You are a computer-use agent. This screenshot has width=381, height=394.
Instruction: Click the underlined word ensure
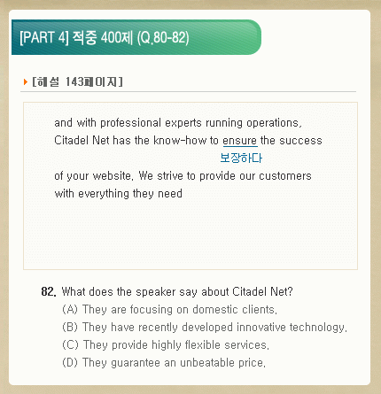[x=240, y=141]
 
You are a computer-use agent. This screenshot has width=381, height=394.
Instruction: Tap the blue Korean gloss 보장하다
[x=241, y=158]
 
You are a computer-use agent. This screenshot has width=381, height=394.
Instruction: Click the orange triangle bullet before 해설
[x=26, y=81]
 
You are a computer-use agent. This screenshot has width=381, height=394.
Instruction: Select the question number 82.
[x=49, y=291]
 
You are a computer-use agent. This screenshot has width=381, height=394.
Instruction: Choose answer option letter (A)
[x=70, y=309]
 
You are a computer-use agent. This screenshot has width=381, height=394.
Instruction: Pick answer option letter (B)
[x=70, y=327]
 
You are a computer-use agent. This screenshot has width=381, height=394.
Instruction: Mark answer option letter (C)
[x=70, y=344]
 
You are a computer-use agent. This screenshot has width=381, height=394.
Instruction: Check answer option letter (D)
[x=70, y=362]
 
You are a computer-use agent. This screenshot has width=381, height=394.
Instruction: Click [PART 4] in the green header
[x=44, y=37]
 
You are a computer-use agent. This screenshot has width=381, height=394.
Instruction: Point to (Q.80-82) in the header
[x=163, y=37]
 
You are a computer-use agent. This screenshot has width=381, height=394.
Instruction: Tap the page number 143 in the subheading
[x=74, y=81]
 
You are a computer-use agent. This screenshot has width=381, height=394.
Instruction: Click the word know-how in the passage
[x=180, y=140]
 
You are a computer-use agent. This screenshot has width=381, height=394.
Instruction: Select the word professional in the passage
[x=130, y=123]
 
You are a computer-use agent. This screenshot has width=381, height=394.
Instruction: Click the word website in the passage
[x=113, y=176]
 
